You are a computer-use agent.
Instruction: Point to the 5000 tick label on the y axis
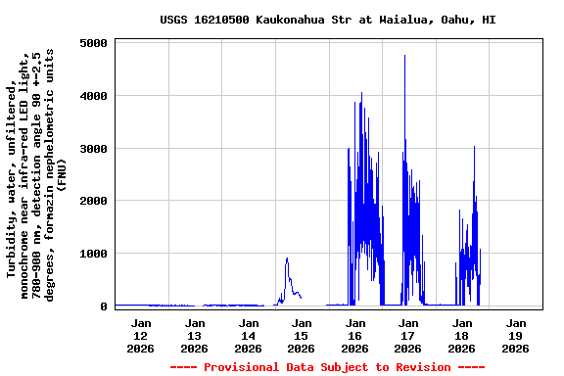94,44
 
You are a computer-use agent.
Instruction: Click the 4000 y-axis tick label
94,96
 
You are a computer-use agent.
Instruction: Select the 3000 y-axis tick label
94,149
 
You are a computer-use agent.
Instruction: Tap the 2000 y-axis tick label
94,201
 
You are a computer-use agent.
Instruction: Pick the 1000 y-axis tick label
94,254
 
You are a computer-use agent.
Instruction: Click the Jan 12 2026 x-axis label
142,335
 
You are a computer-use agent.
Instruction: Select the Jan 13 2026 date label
195,335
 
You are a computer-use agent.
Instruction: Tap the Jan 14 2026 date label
249,335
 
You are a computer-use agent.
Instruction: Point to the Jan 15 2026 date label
302,335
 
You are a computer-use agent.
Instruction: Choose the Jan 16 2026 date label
355,335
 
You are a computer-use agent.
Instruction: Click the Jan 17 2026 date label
408,335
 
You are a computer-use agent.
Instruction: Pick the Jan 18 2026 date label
462,335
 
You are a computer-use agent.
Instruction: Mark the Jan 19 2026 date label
516,335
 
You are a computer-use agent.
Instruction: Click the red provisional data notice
327,367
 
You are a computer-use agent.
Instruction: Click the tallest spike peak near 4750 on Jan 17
404,56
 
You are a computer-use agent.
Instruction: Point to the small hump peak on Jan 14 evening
287,258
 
